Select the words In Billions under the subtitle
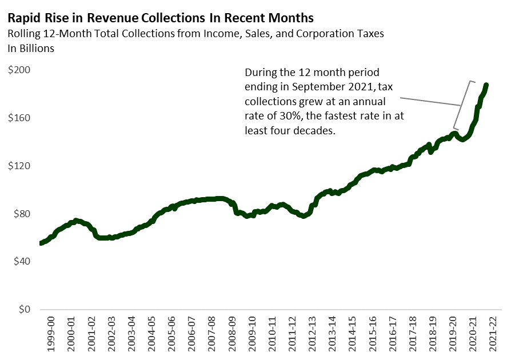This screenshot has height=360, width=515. [31, 49]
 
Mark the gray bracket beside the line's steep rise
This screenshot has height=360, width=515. [462, 105]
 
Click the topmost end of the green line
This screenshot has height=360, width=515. [486, 85]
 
